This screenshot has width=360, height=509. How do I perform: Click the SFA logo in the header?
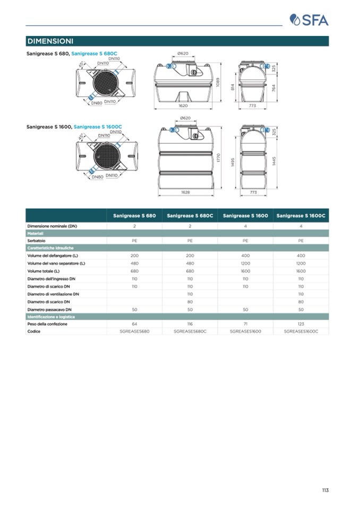(x=309, y=20)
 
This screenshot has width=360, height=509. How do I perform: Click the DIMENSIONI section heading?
(x=50, y=41)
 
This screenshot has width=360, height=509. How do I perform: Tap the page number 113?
(x=325, y=490)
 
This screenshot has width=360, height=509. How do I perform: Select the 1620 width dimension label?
(x=183, y=106)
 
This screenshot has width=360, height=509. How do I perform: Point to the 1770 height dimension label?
(x=219, y=157)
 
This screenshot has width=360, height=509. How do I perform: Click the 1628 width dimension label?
(x=186, y=192)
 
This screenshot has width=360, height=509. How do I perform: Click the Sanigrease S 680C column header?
(x=190, y=216)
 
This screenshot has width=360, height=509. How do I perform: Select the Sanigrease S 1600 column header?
(x=245, y=216)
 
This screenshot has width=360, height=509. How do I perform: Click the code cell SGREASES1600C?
(x=301, y=331)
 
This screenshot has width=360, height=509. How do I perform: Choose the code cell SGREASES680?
(x=135, y=331)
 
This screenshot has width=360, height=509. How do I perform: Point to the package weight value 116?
(x=190, y=324)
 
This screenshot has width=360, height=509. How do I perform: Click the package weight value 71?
(x=245, y=324)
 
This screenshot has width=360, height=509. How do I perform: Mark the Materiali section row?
(x=36, y=233)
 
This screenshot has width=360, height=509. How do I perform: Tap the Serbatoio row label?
(x=36, y=240)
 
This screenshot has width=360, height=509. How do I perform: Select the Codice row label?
(x=33, y=331)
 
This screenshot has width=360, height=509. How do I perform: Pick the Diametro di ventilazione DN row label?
(x=53, y=294)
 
